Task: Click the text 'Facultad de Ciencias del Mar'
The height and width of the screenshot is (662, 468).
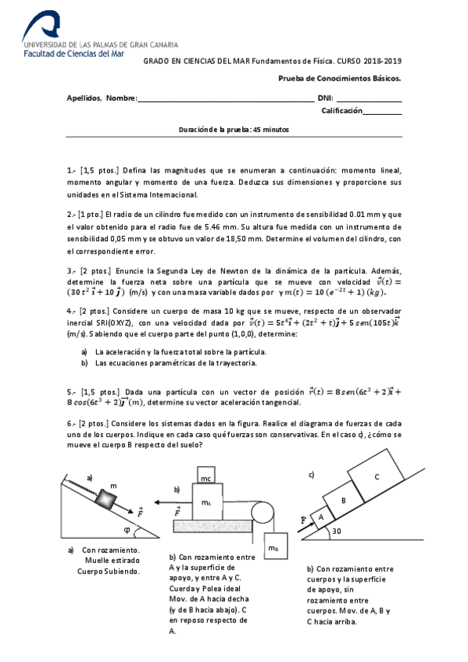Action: (x=75, y=54)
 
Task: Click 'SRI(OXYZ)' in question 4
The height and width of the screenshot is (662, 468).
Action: (x=108, y=322)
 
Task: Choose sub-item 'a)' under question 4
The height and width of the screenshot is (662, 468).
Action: (x=84, y=351)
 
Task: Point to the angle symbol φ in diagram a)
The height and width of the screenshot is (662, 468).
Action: (x=127, y=528)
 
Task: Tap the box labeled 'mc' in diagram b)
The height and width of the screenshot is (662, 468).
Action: (x=206, y=478)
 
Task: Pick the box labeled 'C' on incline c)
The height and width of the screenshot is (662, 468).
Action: (x=376, y=476)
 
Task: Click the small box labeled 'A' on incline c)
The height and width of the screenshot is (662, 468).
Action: (x=320, y=516)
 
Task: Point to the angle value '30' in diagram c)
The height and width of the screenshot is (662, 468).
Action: (x=337, y=531)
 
